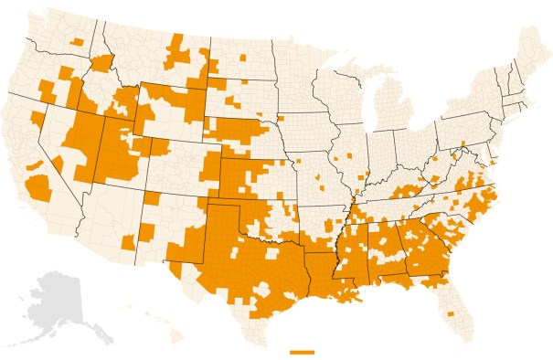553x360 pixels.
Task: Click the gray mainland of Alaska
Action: [x=55, y=297]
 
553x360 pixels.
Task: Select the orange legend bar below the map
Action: [x=301, y=351]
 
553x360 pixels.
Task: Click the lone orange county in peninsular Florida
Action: [x=451, y=315]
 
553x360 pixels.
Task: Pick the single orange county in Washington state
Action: [x=76, y=42]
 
